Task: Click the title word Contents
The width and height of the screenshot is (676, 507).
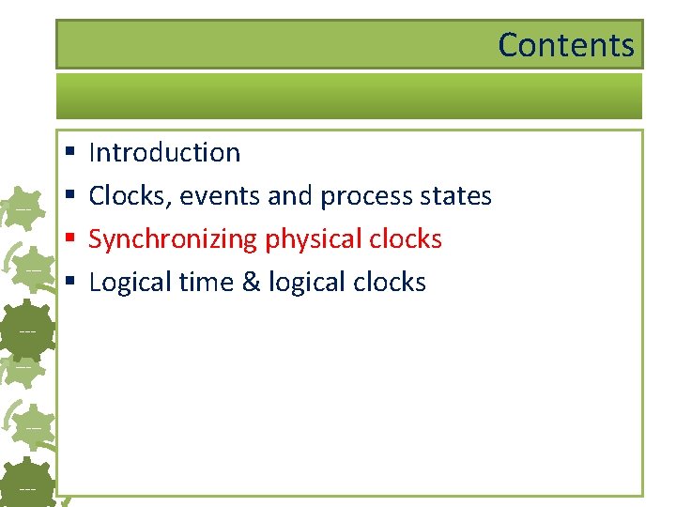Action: tap(565, 44)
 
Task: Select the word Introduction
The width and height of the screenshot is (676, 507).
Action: tap(164, 152)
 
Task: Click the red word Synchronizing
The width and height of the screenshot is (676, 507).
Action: tap(173, 239)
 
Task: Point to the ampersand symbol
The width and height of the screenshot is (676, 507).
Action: tap(251, 283)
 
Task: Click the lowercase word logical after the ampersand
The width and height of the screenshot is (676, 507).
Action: tap(306, 283)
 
